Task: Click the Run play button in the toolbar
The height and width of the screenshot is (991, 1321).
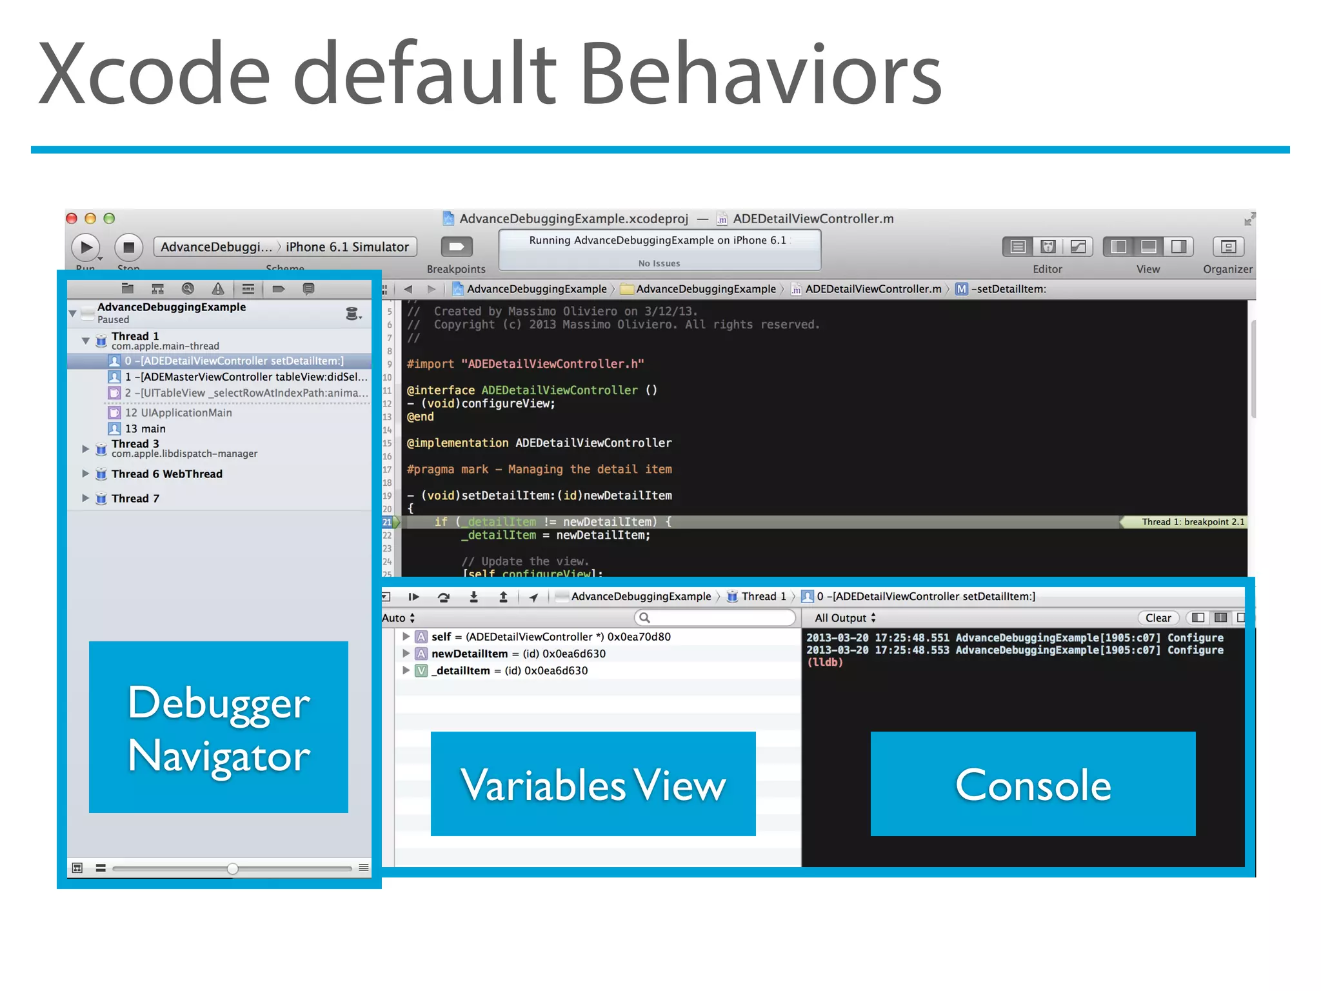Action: point(86,247)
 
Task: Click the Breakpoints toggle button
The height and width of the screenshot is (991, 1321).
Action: point(457,246)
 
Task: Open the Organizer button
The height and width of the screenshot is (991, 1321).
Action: point(1227,246)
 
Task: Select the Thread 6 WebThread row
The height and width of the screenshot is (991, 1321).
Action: point(166,474)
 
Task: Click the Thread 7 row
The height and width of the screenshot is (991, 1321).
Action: point(135,499)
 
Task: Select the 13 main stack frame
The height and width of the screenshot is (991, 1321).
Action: point(145,429)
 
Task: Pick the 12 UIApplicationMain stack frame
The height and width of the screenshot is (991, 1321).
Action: point(178,413)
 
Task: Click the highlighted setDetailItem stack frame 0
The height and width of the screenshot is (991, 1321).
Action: point(233,361)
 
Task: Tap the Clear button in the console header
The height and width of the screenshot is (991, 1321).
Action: point(1158,618)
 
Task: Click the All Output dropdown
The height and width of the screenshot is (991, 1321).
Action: point(845,618)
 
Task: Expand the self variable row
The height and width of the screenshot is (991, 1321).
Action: point(406,637)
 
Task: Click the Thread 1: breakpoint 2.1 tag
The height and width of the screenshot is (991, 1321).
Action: point(1192,522)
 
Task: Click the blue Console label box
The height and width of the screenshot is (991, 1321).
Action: point(1033,784)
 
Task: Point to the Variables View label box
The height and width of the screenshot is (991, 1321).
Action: point(593,784)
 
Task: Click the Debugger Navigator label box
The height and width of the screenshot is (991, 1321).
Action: point(219,727)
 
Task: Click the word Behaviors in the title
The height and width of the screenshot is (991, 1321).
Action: point(761,74)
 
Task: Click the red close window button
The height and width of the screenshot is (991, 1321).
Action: point(72,219)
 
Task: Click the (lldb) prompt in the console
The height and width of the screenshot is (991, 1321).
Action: point(825,663)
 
